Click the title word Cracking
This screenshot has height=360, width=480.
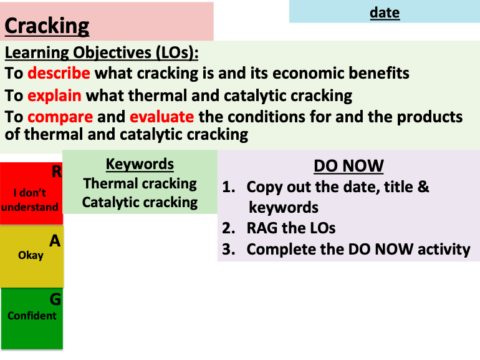click(x=47, y=26)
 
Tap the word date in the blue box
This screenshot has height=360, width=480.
click(x=384, y=12)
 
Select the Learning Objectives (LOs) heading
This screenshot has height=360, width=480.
click(x=102, y=52)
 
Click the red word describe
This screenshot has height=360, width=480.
click(x=59, y=73)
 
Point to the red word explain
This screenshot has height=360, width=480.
click(x=54, y=95)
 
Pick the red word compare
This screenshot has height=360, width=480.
click(x=60, y=117)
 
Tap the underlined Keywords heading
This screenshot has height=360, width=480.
click(x=140, y=164)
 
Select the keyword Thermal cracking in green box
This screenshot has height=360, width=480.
click(x=140, y=183)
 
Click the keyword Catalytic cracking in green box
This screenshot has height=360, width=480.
click(x=140, y=202)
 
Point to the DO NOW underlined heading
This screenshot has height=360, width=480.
click(x=348, y=166)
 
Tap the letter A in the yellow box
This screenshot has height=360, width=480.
click(x=55, y=240)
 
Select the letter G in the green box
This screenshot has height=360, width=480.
click(x=55, y=299)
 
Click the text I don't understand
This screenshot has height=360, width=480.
click(x=31, y=200)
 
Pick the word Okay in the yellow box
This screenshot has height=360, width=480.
click(x=31, y=255)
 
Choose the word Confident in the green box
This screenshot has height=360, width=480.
click(x=32, y=316)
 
